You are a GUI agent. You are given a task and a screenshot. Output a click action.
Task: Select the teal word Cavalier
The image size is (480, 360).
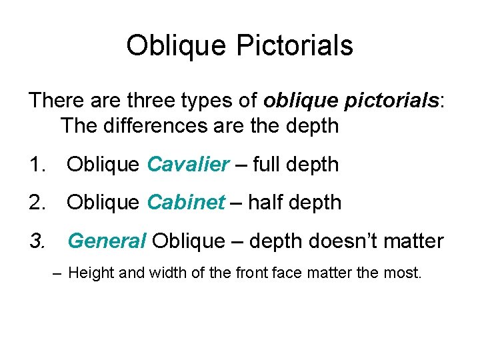click(x=188, y=164)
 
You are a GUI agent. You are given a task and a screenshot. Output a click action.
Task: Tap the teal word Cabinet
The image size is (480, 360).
click(x=186, y=203)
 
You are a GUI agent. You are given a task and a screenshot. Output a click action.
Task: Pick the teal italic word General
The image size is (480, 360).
click(x=107, y=241)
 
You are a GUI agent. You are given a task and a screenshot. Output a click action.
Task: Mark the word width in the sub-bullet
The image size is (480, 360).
click(x=153, y=273)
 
